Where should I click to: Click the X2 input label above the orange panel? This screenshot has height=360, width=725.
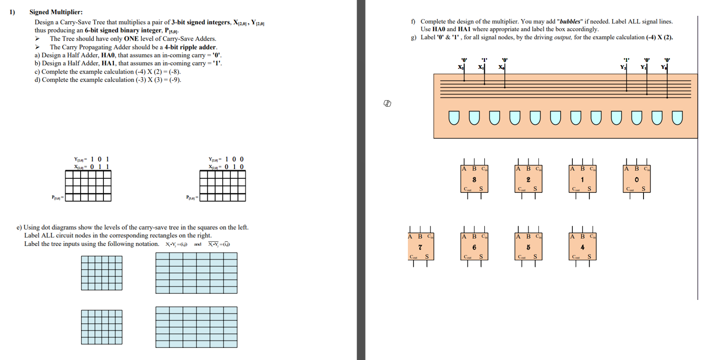click(x=461, y=68)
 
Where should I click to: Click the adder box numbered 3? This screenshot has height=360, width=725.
click(x=474, y=179)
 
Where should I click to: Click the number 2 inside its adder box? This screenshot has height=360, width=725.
click(x=529, y=180)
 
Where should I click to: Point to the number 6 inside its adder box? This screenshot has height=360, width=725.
click(x=474, y=246)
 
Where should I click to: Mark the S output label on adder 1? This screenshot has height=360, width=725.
click(x=589, y=189)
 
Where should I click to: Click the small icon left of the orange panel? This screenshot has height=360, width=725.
click(x=386, y=103)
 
